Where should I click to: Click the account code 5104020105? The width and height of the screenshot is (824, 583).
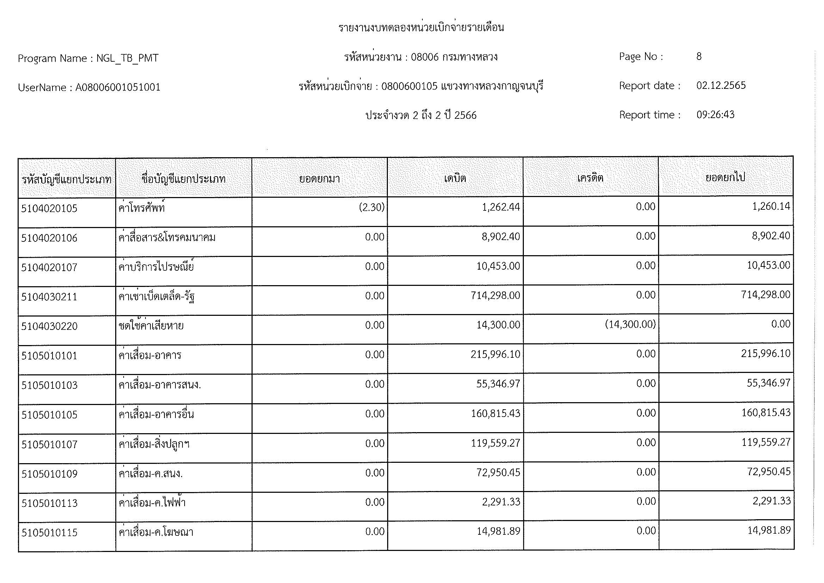click(49, 209)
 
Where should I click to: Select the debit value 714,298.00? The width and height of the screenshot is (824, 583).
click(495, 295)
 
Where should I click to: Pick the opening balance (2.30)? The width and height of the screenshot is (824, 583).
click(371, 207)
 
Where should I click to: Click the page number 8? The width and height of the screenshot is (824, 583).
click(699, 56)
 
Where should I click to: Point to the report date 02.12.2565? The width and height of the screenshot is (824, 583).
click(721, 85)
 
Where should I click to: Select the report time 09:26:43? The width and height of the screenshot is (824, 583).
click(715, 115)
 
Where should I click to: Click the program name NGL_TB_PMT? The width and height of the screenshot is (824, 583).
click(128, 58)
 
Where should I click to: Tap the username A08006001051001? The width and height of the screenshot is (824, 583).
click(118, 87)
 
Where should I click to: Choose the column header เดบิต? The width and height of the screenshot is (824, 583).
click(455, 178)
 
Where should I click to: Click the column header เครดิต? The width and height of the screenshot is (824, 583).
click(590, 178)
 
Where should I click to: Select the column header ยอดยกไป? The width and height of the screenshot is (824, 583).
click(725, 177)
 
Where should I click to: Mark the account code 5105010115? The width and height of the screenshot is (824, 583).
click(50, 532)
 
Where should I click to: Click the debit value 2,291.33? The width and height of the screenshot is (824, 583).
click(501, 502)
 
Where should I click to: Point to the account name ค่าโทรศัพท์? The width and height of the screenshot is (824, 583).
click(142, 208)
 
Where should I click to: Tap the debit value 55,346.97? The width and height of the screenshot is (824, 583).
click(498, 384)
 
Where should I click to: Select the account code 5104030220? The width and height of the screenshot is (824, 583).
click(49, 326)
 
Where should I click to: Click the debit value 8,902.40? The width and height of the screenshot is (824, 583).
click(501, 237)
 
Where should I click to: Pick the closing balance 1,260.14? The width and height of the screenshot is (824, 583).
click(771, 206)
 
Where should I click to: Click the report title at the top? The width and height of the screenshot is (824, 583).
click(421, 27)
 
